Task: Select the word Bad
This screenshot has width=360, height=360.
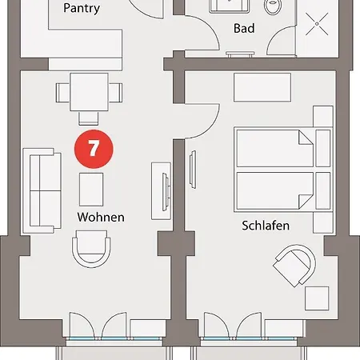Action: (244, 29)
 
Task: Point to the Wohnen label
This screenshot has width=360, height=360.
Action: (101, 217)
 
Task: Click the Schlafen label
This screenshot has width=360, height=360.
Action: (266, 226)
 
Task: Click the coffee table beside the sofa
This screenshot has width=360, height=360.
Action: (91, 189)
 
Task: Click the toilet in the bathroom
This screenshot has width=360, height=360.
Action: (274, 8)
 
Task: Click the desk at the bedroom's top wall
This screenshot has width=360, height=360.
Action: (262, 86)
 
